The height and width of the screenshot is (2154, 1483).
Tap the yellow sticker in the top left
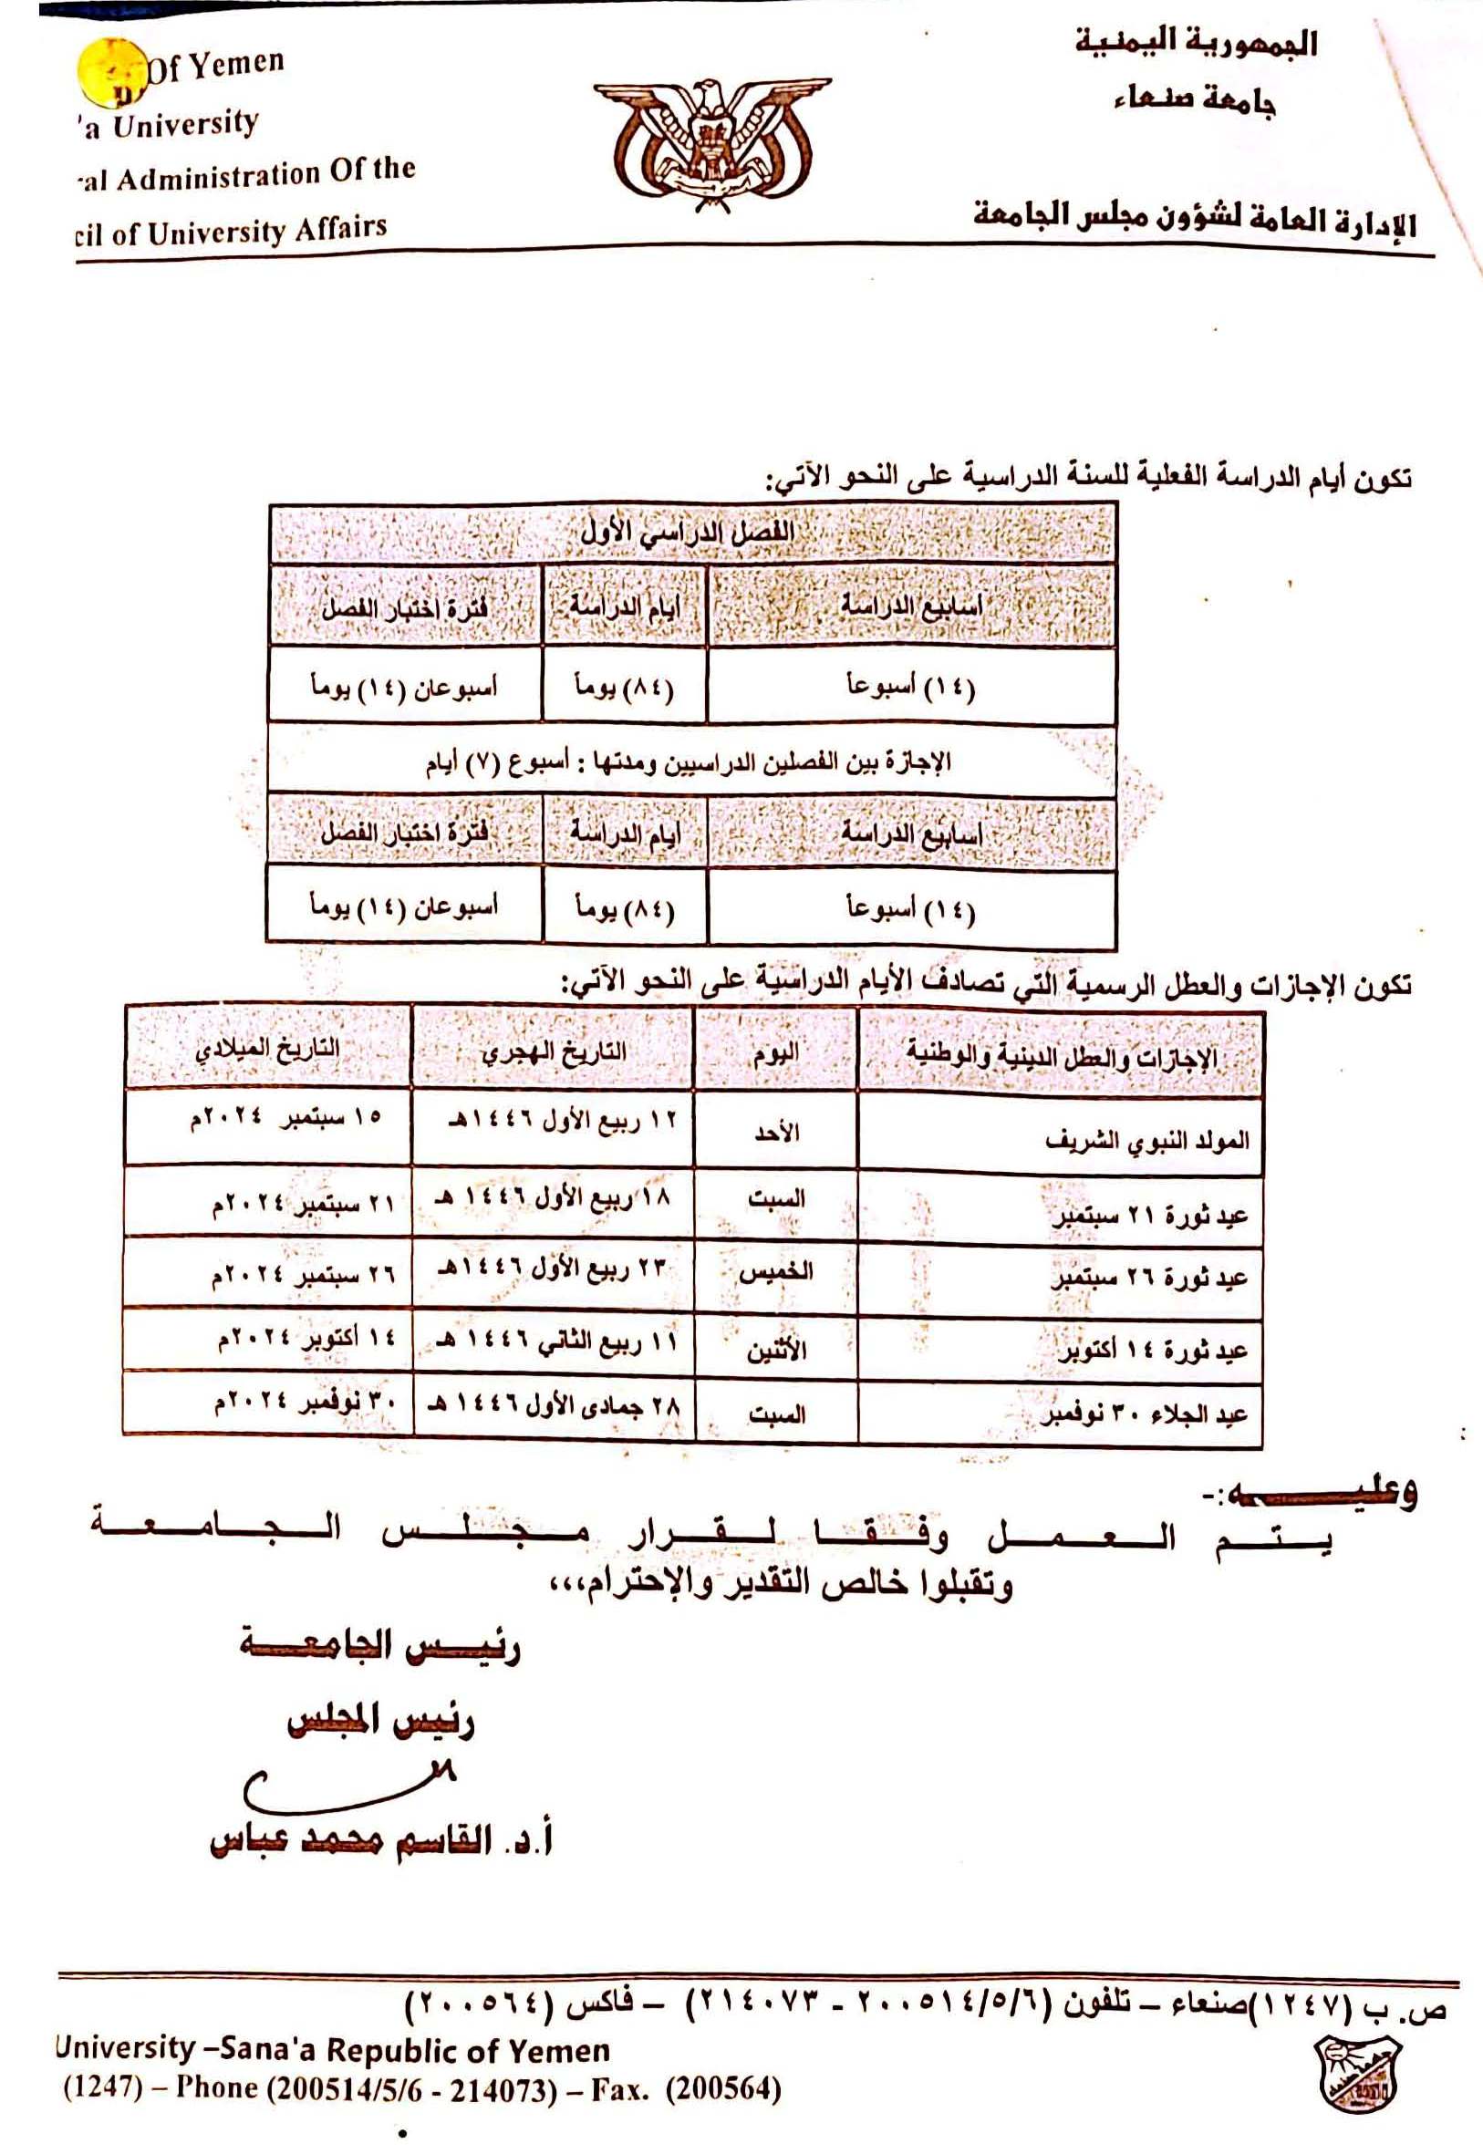[x=111, y=73]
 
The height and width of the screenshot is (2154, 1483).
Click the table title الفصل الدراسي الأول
[x=689, y=533]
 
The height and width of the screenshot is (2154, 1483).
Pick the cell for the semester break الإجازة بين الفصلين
[x=689, y=763]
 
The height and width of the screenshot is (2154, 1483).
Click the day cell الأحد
[x=777, y=1133]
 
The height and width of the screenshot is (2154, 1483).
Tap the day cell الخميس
[x=776, y=1272]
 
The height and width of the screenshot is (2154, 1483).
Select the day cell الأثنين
[x=776, y=1348]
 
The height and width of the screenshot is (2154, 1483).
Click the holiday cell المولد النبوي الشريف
[x=1146, y=1140]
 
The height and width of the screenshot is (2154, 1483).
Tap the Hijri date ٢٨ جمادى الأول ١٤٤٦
[x=553, y=1407]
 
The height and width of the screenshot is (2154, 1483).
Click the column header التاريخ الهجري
[x=553, y=1051]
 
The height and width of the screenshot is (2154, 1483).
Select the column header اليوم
[x=776, y=1053]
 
